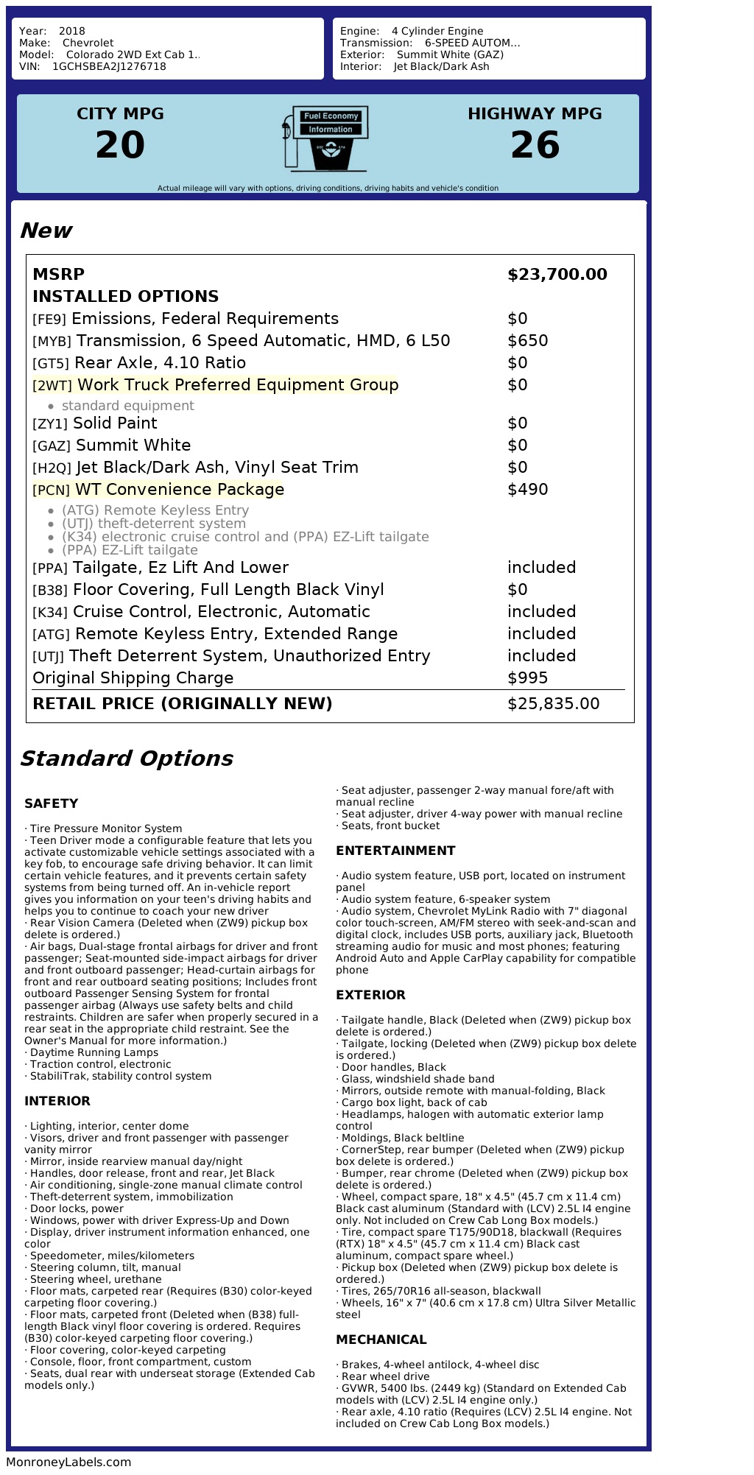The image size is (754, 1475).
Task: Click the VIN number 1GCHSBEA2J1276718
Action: pos(109,66)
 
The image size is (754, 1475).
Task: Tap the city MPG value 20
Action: pos(120,144)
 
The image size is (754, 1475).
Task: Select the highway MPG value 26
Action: pos(535,144)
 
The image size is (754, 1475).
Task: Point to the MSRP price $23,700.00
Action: pos(557,275)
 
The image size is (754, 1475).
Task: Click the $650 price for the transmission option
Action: pos(527,341)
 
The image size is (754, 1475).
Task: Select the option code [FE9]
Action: pos(49,320)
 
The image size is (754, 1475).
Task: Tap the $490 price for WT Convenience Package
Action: pos(527,490)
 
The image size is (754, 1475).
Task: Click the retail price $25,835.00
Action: pos(553,704)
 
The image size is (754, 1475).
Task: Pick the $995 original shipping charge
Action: pos(527,678)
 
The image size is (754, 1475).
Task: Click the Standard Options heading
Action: pos(126,758)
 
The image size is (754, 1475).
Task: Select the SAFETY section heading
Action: pos(51,803)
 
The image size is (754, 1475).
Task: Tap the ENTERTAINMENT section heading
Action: pos(395,851)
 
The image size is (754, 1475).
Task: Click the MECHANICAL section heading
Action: pos(381,1340)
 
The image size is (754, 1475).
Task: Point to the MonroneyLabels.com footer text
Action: pos(68,1462)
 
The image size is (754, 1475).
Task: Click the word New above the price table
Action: pos(46,230)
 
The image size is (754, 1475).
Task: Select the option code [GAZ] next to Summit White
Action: pos(52,446)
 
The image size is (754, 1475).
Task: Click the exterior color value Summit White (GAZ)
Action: pos(450,54)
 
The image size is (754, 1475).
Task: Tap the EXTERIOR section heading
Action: pos(370,995)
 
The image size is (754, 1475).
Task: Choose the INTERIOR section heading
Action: pos(57,1101)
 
